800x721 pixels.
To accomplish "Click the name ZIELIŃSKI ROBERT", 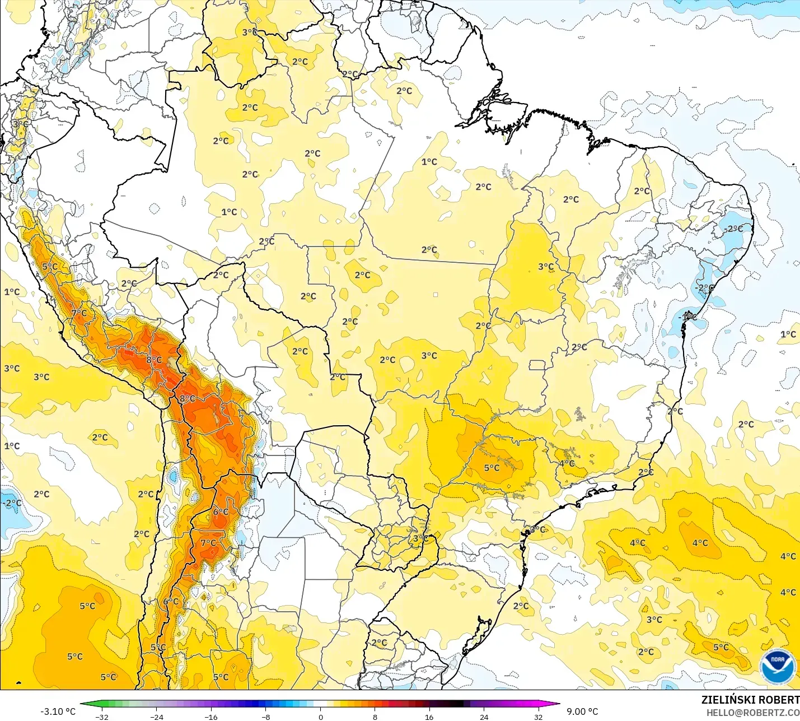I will [750, 700].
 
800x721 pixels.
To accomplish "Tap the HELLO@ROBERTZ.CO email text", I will [752, 713].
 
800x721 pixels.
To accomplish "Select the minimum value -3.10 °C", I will [58, 711].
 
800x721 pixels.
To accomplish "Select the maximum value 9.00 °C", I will [582, 711].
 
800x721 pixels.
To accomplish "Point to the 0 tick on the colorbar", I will [320, 717].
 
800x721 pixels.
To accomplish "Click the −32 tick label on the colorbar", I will [101, 717].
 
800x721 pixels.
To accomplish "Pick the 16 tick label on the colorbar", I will [429, 717].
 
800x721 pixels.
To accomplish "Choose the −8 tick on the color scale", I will [265, 717].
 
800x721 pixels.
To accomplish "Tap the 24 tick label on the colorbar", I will [484, 717].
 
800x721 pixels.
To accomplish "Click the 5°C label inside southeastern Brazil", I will [492, 468].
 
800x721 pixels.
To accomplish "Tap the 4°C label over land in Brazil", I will [567, 463].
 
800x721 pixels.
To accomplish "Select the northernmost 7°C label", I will [79, 313].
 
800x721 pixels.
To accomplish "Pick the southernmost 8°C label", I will [187, 398].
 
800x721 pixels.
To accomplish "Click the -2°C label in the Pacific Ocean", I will [12, 503].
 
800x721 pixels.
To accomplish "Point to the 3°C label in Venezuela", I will [250, 32].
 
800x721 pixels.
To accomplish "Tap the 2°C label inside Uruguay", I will [379, 643].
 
